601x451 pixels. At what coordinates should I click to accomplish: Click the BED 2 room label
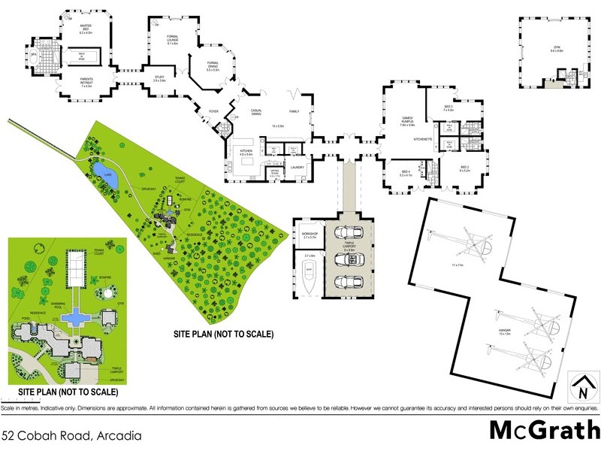point(464,168)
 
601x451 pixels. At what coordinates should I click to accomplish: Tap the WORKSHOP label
point(310,234)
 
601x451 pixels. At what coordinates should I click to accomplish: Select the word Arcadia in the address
point(113,434)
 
